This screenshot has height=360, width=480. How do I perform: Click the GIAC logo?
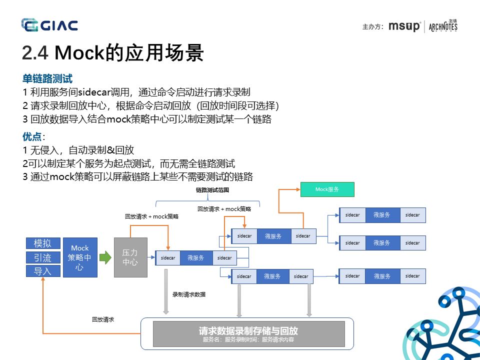point(49,24)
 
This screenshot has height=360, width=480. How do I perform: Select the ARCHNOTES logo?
point(443,26)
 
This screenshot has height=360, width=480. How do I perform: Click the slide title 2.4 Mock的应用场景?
point(113,52)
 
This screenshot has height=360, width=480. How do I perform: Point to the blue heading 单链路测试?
point(47,79)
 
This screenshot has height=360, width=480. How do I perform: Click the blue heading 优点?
point(32,136)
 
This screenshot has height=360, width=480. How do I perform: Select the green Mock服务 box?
point(327,189)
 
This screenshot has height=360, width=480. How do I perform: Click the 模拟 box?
point(43,243)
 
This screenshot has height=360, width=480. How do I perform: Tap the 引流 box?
point(43,257)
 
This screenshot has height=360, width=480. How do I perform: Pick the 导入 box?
point(43,271)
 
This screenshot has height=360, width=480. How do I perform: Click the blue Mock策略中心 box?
point(80,257)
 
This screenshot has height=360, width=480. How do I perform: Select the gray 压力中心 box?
point(130,257)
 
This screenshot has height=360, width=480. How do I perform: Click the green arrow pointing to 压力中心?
point(105,257)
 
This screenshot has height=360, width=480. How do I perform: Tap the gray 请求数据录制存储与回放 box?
point(248,334)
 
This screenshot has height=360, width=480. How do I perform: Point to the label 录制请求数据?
point(188,295)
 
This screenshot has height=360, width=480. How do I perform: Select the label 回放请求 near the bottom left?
point(102,319)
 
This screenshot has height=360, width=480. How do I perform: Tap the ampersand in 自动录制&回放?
point(111,150)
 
